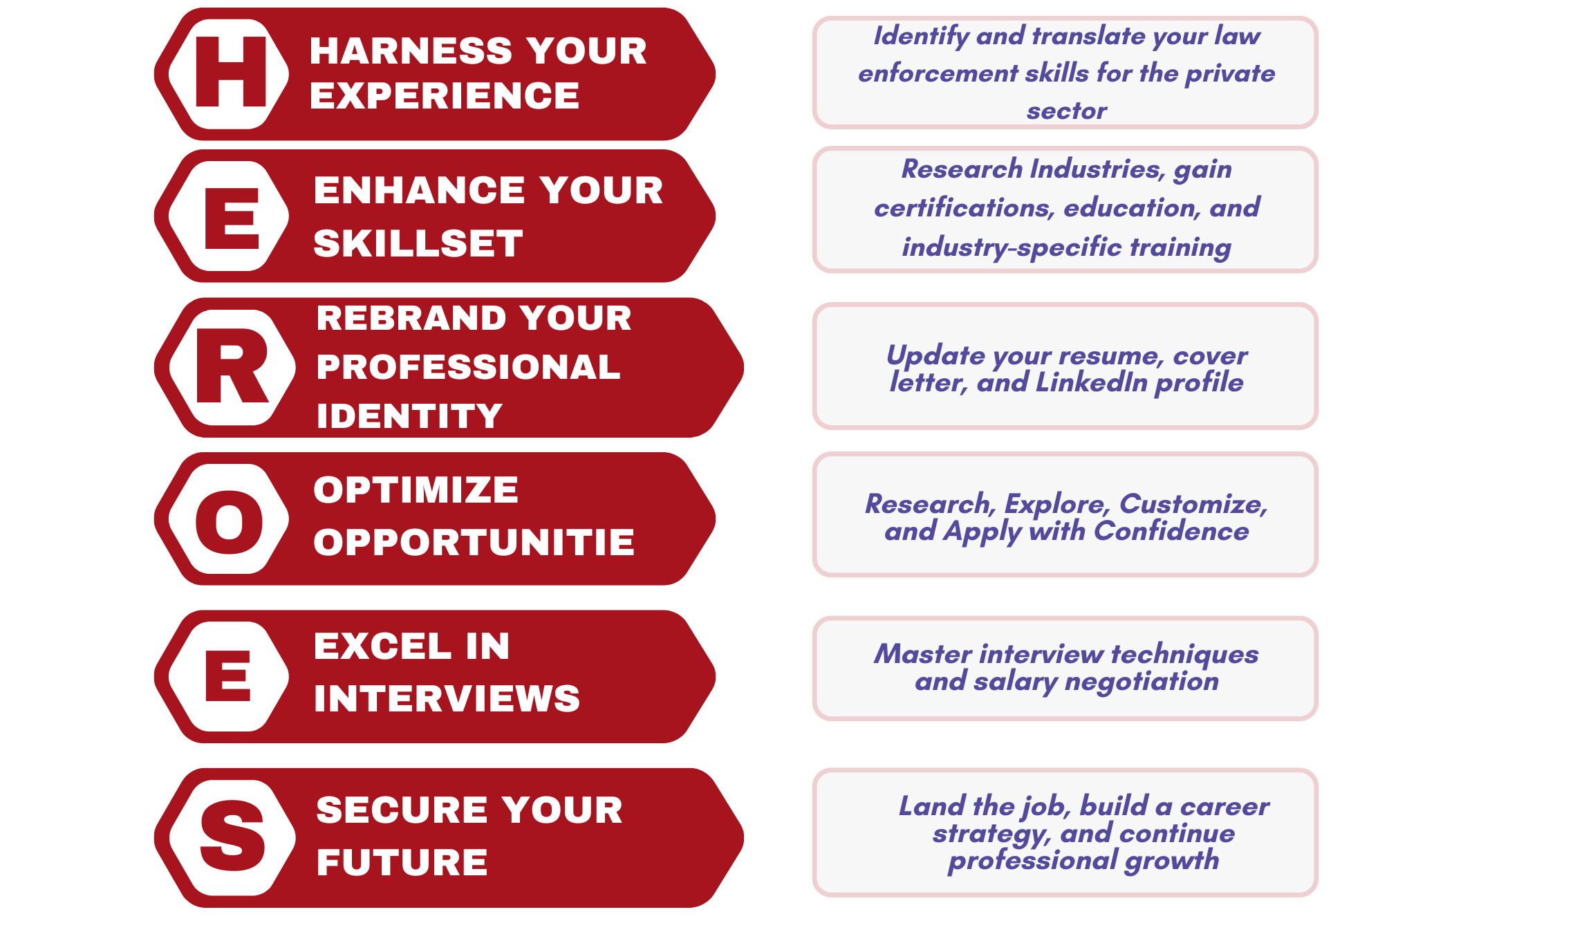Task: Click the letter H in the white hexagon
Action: (x=231, y=72)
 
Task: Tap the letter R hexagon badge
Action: (x=233, y=366)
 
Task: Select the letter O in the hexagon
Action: (x=230, y=522)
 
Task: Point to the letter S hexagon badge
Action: (x=233, y=837)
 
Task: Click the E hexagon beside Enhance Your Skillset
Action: (x=230, y=216)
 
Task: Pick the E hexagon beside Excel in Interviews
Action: (x=230, y=676)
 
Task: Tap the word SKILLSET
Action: (x=418, y=243)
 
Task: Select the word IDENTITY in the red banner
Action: (x=409, y=416)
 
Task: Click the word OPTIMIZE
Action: (x=416, y=490)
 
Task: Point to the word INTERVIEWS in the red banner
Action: (x=447, y=698)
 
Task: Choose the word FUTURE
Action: (x=402, y=862)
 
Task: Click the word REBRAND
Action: (x=411, y=318)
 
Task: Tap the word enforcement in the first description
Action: (x=938, y=73)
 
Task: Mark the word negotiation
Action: (x=1142, y=682)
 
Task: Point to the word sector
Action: (x=1066, y=111)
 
